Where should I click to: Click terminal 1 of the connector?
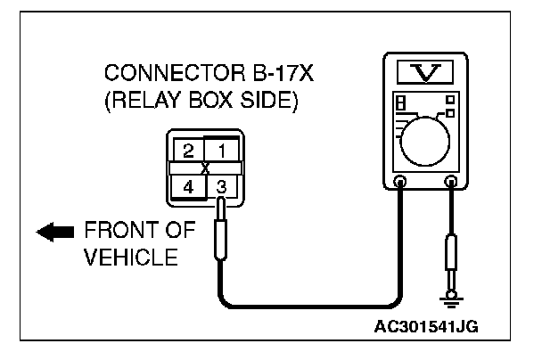(x=224, y=149)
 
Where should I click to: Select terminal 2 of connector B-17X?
(x=189, y=149)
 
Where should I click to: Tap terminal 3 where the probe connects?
(x=224, y=187)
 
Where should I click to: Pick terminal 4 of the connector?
(x=189, y=187)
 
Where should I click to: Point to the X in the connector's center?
(x=206, y=168)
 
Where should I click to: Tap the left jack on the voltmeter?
(x=401, y=181)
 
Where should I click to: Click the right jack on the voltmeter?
(x=452, y=181)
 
